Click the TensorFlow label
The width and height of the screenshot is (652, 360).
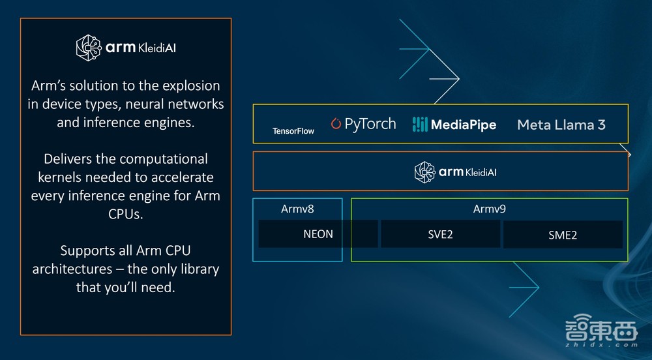pyautogui.click(x=293, y=131)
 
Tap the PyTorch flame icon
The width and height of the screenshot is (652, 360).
pyautogui.click(x=336, y=124)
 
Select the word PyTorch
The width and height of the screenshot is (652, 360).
pyautogui.click(x=370, y=124)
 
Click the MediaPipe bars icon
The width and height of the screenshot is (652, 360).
pyautogui.click(x=420, y=124)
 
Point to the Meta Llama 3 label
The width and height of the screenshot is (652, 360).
pyautogui.click(x=561, y=124)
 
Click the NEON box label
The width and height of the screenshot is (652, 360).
pyautogui.click(x=318, y=234)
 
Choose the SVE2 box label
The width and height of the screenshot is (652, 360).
pyautogui.click(x=440, y=234)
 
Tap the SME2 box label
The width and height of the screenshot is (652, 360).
pyautogui.click(x=563, y=235)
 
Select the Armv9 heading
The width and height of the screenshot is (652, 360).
pyautogui.click(x=489, y=209)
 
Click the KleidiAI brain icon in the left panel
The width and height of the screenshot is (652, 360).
pyautogui.click(x=89, y=47)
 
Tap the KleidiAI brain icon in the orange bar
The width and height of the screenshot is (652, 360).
pyautogui.click(x=425, y=172)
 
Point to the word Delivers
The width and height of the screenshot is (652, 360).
pyautogui.click(x=67, y=158)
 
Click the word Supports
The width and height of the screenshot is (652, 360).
pyautogui.click(x=89, y=250)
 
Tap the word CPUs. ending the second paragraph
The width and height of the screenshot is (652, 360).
pyautogui.click(x=125, y=213)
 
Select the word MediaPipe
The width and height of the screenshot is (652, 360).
pyautogui.click(x=464, y=124)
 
